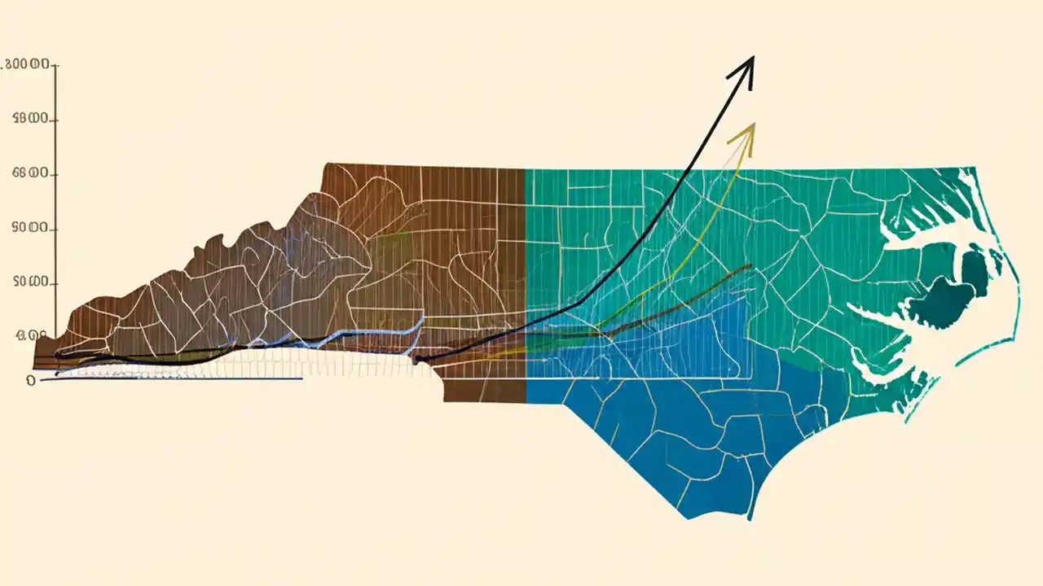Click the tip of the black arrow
[753, 57]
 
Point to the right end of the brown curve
[750, 265]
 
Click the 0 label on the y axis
[31, 380]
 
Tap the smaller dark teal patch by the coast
[975, 273]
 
